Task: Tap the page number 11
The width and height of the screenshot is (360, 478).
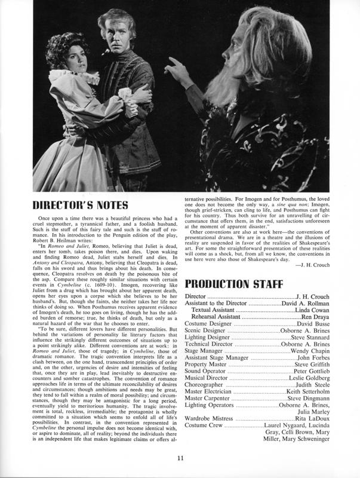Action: (180, 458)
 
